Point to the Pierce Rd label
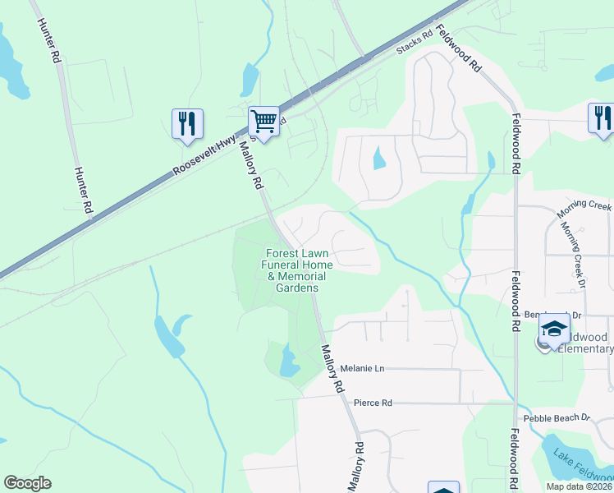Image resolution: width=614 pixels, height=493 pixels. [x=373, y=403]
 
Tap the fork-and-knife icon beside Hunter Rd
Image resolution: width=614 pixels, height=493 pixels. [x=186, y=124]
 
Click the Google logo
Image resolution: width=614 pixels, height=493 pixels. [x=27, y=483]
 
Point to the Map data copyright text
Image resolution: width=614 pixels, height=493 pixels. [x=580, y=486]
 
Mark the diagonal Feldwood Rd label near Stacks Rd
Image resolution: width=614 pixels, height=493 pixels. [x=458, y=48]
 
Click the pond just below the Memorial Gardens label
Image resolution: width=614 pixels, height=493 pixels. [x=289, y=362]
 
